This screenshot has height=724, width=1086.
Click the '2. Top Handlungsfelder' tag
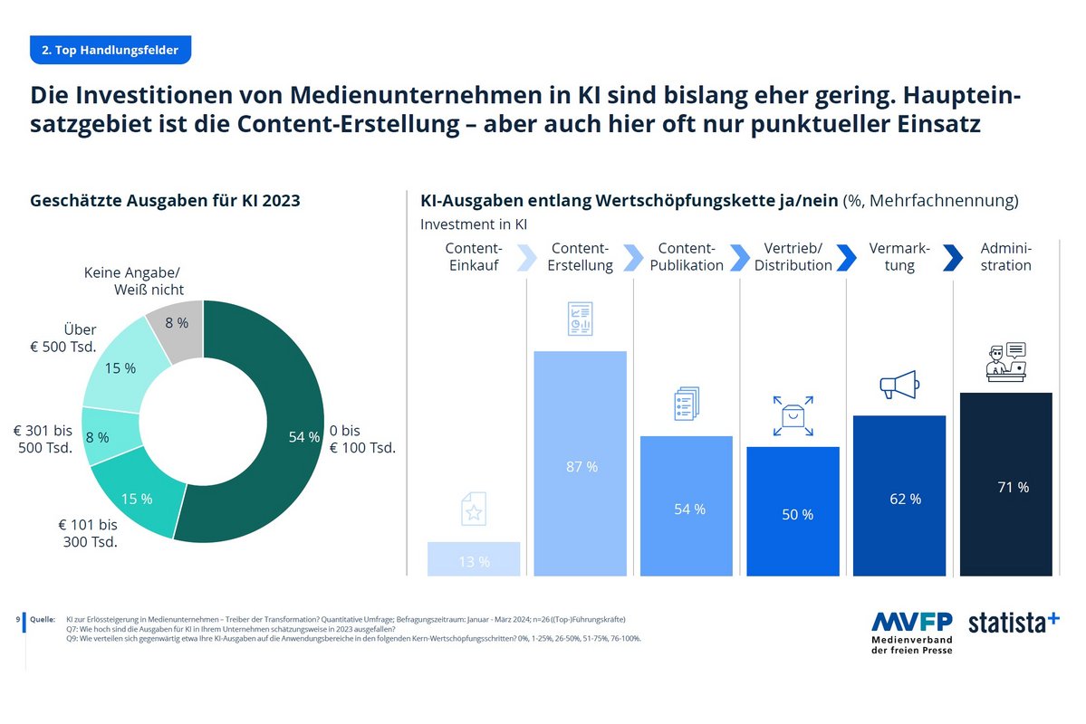pos(111,50)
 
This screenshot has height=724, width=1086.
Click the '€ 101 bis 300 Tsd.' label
pos(90,533)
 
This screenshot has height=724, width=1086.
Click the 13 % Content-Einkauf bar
pos(474,558)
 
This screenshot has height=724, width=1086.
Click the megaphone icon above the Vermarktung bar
pos(899,386)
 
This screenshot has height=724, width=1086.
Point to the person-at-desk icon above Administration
pos(1005,362)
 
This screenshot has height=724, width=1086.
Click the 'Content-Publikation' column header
pos(687,257)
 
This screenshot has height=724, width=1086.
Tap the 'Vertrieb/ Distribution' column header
pos(793,257)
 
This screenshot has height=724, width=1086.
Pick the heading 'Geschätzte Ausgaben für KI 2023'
pos(166,201)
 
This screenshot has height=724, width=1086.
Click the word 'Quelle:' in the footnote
pos(43,619)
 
